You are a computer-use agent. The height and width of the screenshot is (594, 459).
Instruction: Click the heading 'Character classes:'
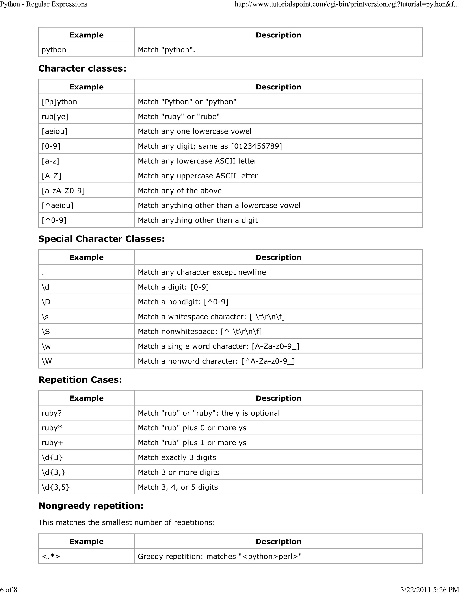[x=82, y=68]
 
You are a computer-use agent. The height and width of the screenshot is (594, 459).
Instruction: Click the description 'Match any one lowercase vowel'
[x=194, y=131]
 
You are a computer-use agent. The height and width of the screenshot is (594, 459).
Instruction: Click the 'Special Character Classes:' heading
[x=102, y=239]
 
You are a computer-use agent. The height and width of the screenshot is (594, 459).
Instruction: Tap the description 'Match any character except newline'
[x=201, y=272]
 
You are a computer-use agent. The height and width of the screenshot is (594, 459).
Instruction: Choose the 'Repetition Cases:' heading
[x=80, y=380]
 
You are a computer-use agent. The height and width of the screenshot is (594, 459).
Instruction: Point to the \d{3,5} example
[x=56, y=487]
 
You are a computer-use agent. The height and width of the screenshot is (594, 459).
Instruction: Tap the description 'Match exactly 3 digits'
[x=177, y=457]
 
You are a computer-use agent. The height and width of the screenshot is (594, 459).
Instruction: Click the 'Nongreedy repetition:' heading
[x=91, y=506]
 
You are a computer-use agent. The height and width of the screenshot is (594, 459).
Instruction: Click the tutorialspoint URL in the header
[x=346, y=4]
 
